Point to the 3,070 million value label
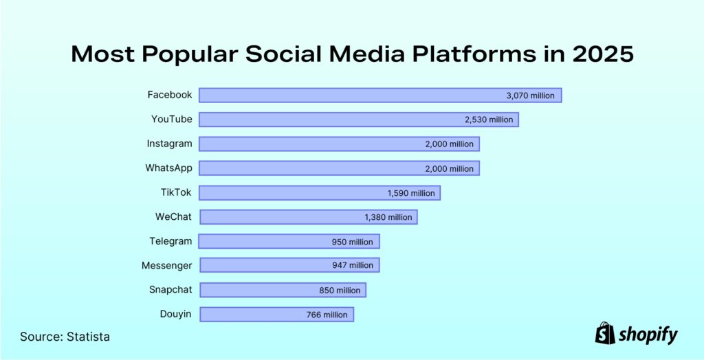(x=530, y=95)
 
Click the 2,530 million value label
(x=489, y=120)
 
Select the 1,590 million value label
(x=411, y=193)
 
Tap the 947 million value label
(x=352, y=265)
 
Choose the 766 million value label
(x=327, y=315)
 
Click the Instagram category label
(x=169, y=144)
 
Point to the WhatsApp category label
(x=168, y=168)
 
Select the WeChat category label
(x=174, y=217)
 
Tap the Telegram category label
(x=170, y=241)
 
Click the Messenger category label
(x=166, y=265)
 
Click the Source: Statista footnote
(x=65, y=337)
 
